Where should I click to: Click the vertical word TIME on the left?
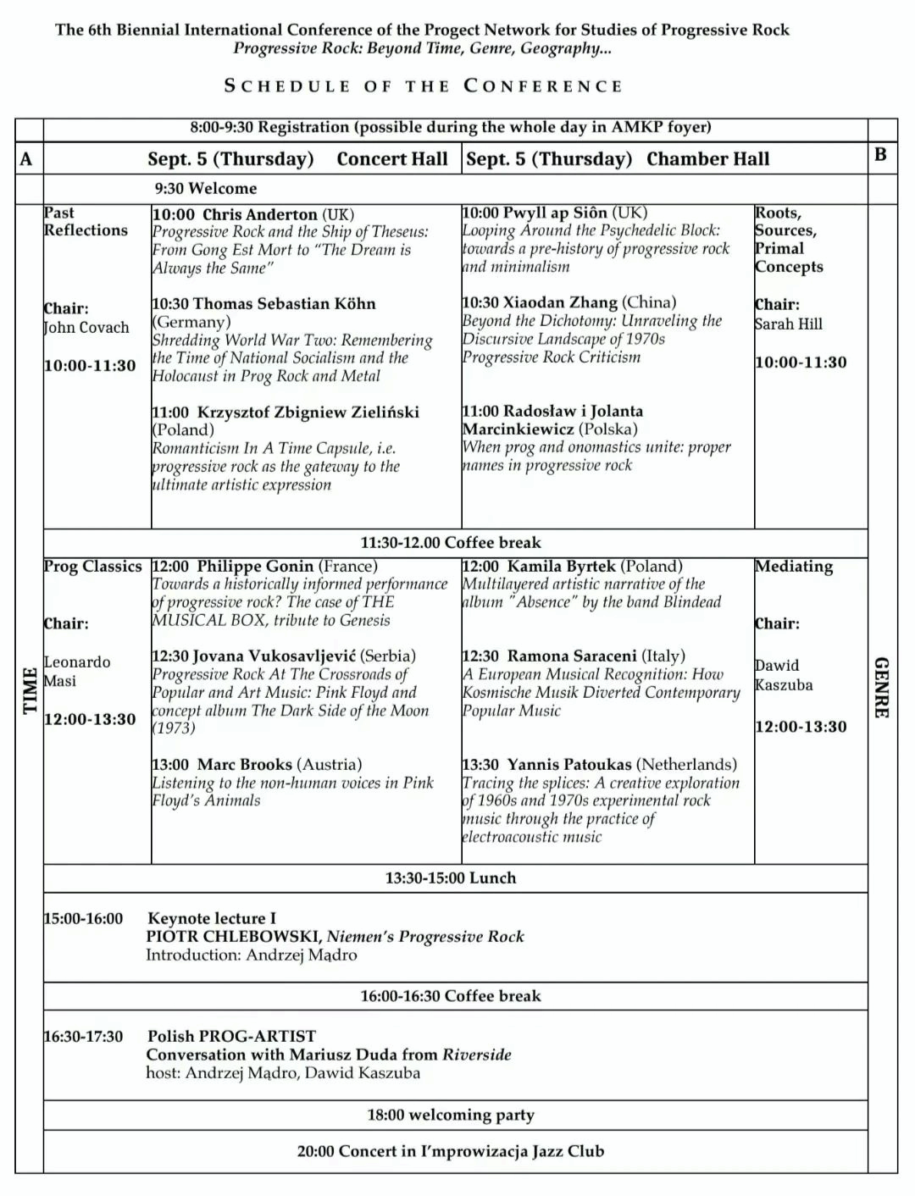point(30,690)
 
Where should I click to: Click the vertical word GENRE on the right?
point(882,688)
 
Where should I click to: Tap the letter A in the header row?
point(26,159)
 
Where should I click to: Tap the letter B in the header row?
point(880,154)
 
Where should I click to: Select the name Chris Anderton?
point(259,214)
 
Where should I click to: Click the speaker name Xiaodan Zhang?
point(561,302)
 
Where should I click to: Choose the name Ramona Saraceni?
point(573,656)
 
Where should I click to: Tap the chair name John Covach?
point(86,328)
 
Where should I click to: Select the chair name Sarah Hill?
point(788,324)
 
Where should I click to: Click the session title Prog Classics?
point(93,566)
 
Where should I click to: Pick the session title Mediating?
point(794,566)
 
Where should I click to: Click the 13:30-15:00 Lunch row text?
point(451,878)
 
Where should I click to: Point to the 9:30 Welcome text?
point(206,188)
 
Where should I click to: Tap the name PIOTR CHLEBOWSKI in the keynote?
point(233,937)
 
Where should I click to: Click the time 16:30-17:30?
point(83,1037)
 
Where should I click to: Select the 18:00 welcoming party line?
point(451,1116)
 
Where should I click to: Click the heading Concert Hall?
point(392,159)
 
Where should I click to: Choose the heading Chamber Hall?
point(707,159)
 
